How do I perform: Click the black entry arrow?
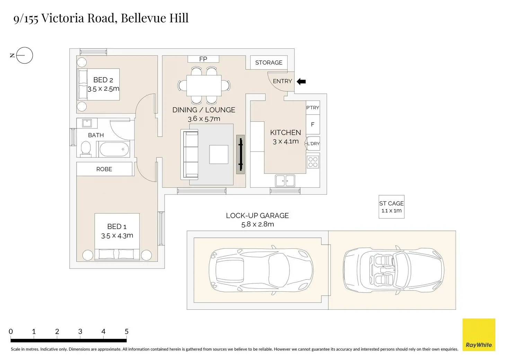[x=301, y=81]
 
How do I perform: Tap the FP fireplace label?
[x=203, y=59]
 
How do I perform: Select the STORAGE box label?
[x=269, y=63]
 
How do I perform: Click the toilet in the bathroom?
[x=86, y=149]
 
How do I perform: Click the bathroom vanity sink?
[x=87, y=123]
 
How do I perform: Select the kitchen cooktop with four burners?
[x=313, y=162]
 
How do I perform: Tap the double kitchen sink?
[x=285, y=181]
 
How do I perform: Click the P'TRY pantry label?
[x=313, y=108]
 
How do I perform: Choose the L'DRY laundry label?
[x=313, y=144]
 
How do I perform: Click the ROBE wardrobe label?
[x=104, y=169]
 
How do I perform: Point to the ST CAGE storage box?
[x=392, y=207]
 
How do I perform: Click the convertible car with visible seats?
[x=394, y=270]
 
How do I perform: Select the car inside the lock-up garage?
[x=261, y=270]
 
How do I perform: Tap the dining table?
[x=204, y=85]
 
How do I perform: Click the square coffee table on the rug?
[x=219, y=154]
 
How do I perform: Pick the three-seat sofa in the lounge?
[x=190, y=154]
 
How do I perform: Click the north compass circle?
[x=25, y=55]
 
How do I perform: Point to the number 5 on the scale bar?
[x=126, y=331]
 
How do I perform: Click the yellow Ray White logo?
[x=479, y=334]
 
